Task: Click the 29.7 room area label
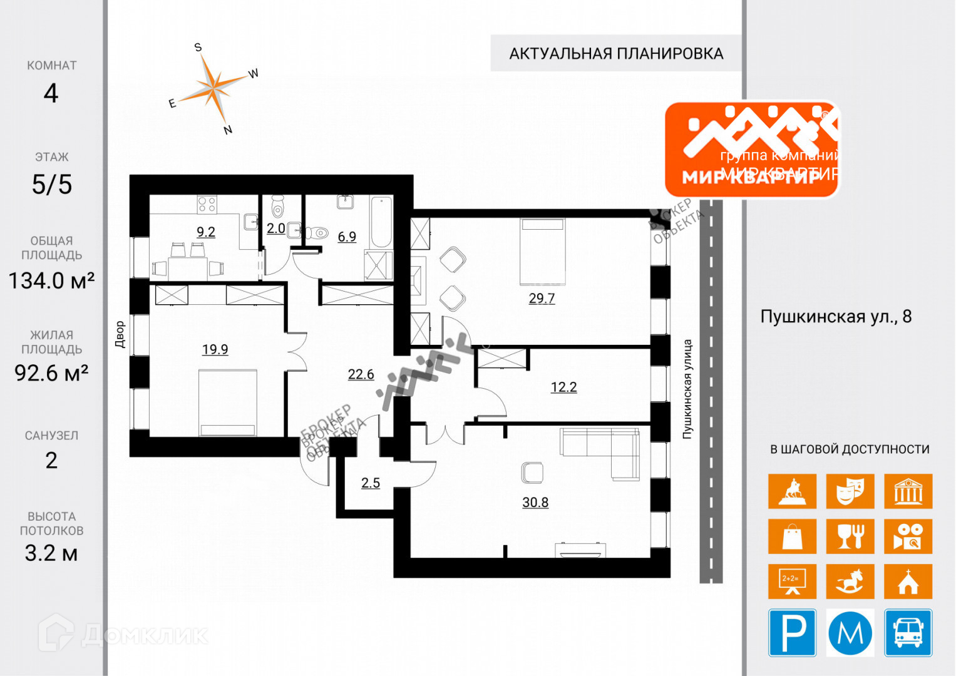(x=542, y=298)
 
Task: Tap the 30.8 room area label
(x=535, y=502)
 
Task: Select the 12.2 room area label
(x=563, y=387)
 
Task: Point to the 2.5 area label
(x=370, y=483)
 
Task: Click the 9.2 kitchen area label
(x=206, y=232)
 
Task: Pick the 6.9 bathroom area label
(x=347, y=237)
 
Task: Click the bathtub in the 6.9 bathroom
(x=381, y=222)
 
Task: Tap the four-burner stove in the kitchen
(x=207, y=204)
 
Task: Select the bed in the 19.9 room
(x=228, y=401)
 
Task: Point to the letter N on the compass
(x=228, y=130)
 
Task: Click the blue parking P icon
(x=792, y=633)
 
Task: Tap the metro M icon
(x=850, y=633)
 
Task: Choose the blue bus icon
(x=908, y=633)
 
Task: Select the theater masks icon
(x=850, y=491)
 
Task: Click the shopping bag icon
(x=792, y=536)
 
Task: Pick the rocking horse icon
(x=850, y=581)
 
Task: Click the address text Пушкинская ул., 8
(x=835, y=317)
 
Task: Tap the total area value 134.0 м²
(x=51, y=280)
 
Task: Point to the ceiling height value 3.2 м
(x=51, y=553)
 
